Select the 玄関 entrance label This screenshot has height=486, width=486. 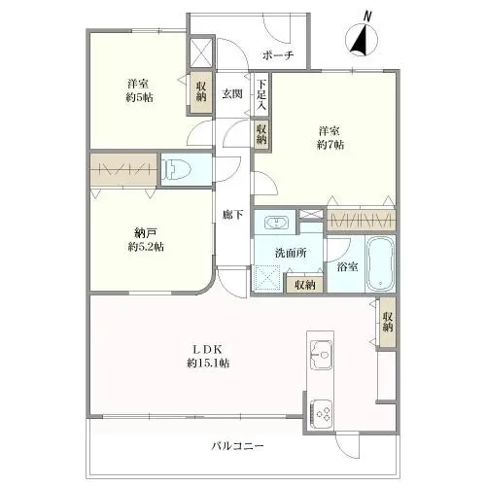231,93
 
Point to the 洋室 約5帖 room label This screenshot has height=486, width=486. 138,89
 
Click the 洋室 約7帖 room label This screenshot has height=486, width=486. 331,137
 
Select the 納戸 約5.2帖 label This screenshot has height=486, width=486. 149,239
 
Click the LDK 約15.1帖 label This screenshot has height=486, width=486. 209,356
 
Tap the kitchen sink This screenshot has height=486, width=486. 322,356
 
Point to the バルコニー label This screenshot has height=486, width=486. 238,446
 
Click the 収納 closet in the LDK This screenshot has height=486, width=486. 387,322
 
